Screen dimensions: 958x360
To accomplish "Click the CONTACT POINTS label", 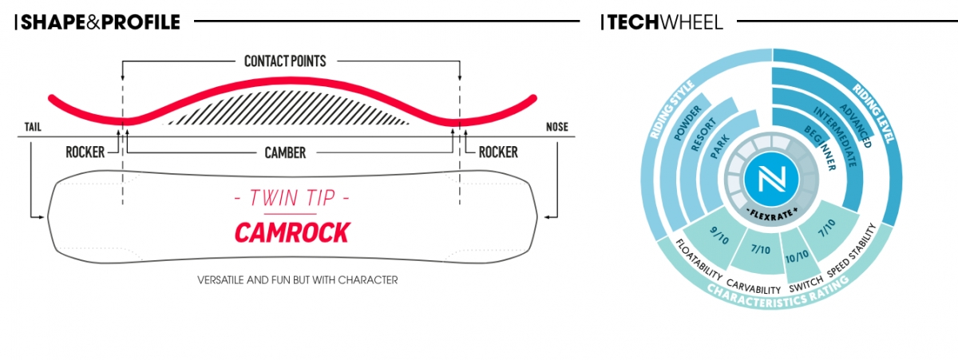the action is (285, 61).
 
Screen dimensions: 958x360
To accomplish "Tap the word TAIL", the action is (33, 127).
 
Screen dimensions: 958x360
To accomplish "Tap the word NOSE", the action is (557, 127).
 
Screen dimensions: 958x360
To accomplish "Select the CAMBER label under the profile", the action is (285, 152).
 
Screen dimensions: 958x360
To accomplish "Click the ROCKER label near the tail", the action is (85, 152).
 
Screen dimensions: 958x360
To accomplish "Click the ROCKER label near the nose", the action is (498, 152).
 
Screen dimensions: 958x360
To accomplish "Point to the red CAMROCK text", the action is (292, 232).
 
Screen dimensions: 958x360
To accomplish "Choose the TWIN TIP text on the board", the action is (292, 198).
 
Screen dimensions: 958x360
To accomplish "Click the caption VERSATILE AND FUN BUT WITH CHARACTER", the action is (298, 280).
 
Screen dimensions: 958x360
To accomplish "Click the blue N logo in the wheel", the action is (771, 178).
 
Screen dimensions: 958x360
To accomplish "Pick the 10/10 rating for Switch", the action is (797, 257).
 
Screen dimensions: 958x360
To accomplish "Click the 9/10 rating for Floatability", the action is (719, 235).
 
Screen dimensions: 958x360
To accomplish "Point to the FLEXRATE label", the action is (772, 213).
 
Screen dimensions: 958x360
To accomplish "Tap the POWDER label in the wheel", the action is (687, 123).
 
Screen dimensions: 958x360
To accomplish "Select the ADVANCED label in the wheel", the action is (856, 125).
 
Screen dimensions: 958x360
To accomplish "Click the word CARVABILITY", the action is (754, 287).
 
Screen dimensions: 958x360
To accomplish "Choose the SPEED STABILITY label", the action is (852, 251).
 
